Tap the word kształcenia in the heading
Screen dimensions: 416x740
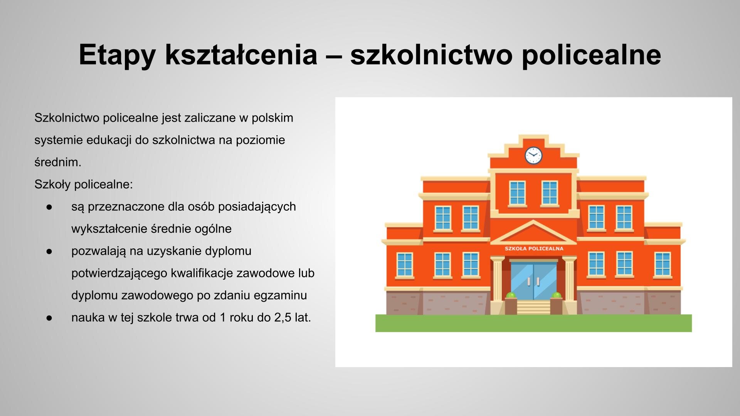coord(241,54)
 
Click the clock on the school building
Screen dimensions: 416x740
coord(533,155)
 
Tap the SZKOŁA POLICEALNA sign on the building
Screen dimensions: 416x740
coord(534,248)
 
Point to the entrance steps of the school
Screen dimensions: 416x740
coord(533,307)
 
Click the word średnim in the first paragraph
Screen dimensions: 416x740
coord(57,162)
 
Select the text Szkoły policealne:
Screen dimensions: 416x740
coord(83,185)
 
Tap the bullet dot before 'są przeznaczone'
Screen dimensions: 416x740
coord(49,207)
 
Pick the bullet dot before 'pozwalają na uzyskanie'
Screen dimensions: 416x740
coord(49,251)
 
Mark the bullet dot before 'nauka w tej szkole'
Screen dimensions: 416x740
coord(49,318)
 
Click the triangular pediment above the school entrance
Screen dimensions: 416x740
coord(533,233)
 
